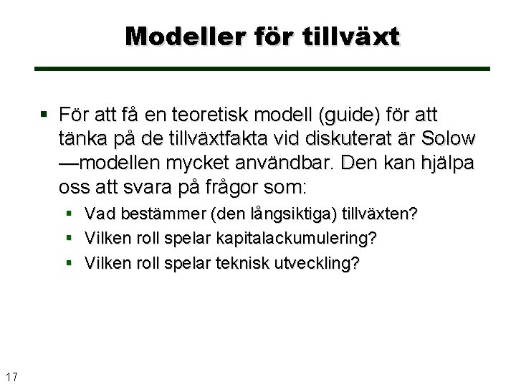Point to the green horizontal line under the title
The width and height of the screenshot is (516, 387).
[262, 69]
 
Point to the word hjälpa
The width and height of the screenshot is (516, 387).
[449, 163]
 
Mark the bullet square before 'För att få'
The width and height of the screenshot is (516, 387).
[44, 115]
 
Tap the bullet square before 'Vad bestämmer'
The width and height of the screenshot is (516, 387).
[69, 214]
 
